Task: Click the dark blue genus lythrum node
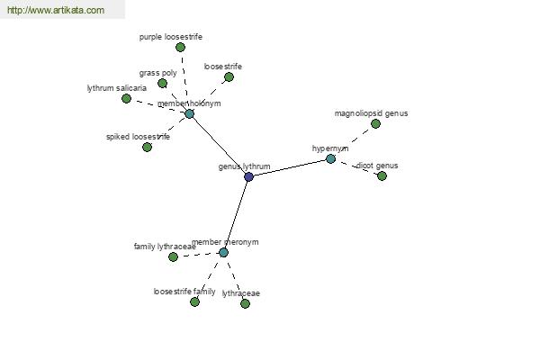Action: pyautogui.click(x=248, y=176)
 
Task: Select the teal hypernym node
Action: pyautogui.click(x=330, y=158)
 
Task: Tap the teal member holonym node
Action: pyautogui.click(x=189, y=113)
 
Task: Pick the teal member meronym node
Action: pyautogui.click(x=223, y=253)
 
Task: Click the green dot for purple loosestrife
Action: pyautogui.click(x=180, y=47)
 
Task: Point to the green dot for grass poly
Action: pyautogui.click(x=162, y=83)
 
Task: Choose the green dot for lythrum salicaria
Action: pyautogui.click(x=126, y=98)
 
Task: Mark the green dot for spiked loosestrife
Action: pyautogui.click(x=147, y=147)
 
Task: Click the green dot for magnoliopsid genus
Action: pyautogui.click(x=375, y=123)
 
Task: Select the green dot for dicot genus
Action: pyautogui.click(x=382, y=176)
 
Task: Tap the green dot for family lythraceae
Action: pyautogui.click(x=173, y=256)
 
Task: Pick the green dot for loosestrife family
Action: pyautogui.click(x=194, y=302)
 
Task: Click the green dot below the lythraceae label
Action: pyautogui.click(x=245, y=303)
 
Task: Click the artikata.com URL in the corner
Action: pyautogui.click(x=56, y=10)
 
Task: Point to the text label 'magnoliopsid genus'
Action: pyautogui.click(x=371, y=113)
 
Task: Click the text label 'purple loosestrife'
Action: pyautogui.click(x=171, y=37)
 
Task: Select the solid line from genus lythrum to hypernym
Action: pyautogui.click(x=290, y=167)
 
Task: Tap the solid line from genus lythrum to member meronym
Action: pyautogui.click(x=236, y=214)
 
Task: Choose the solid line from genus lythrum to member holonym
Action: pyautogui.click(x=219, y=145)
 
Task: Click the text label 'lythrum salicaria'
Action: pyautogui.click(x=117, y=88)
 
